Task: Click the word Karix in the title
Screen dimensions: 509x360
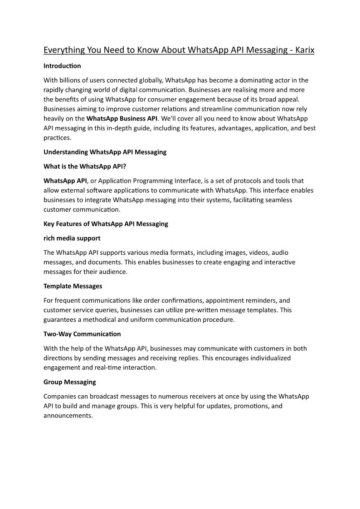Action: tap(305, 50)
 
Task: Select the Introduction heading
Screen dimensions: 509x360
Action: tap(62, 66)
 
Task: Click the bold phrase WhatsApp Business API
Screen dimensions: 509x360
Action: tap(122, 118)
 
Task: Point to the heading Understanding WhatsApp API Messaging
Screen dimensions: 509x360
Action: tap(105, 152)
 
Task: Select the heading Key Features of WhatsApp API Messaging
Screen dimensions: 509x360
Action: tap(106, 223)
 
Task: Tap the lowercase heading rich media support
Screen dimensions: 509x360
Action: tap(72, 238)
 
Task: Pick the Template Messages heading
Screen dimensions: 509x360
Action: tap(73, 286)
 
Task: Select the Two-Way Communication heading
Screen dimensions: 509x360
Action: tap(82, 334)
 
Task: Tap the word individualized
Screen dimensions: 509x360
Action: tap(261, 358)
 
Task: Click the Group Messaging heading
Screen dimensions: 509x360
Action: tap(69, 382)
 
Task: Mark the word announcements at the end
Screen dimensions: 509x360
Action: tap(68, 416)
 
